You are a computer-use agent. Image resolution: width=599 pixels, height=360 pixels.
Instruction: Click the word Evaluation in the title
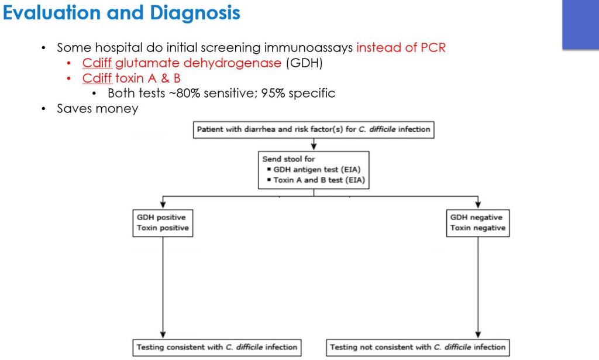point(53,13)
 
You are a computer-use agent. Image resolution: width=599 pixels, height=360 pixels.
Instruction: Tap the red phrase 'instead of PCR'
point(401,48)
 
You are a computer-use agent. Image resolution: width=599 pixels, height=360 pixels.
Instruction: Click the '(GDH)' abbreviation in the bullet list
point(304,63)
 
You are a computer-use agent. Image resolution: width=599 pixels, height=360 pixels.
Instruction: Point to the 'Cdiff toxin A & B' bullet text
point(131,78)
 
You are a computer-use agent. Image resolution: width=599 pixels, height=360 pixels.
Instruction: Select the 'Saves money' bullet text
point(97,109)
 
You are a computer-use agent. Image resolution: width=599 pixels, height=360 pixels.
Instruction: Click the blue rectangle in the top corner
point(580,25)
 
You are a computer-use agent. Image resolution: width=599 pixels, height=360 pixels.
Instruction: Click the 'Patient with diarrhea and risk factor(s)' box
point(314,129)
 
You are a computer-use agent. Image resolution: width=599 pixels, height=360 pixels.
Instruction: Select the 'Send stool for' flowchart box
point(314,170)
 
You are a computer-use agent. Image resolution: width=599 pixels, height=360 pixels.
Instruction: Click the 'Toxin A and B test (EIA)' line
point(319,180)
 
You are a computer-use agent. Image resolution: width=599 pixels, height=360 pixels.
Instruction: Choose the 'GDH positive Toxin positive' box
point(163,223)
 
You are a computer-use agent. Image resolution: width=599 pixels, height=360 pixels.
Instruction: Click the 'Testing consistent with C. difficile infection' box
point(217,347)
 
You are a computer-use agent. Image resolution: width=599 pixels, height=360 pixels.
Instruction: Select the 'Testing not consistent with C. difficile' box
point(417,347)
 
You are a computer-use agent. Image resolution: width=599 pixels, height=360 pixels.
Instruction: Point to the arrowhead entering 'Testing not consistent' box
point(478,335)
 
